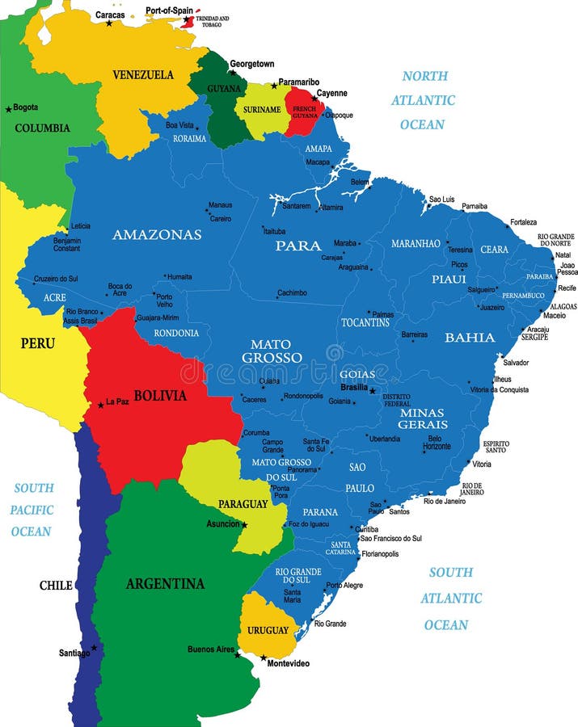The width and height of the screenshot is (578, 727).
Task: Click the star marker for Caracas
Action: (x=109, y=23)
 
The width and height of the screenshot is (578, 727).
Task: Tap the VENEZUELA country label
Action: (x=142, y=74)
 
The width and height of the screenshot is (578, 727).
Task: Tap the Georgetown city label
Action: (x=251, y=64)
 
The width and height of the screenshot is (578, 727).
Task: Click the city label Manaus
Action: (x=220, y=205)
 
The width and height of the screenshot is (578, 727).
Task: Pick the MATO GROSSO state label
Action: (x=271, y=351)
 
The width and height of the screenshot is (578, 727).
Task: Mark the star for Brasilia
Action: (x=372, y=391)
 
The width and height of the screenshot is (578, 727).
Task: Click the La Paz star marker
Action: (x=100, y=404)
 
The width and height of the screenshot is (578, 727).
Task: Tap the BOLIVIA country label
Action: (x=159, y=396)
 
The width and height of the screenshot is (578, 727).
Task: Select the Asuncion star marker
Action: (x=244, y=524)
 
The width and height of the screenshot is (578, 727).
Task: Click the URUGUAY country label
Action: (x=268, y=630)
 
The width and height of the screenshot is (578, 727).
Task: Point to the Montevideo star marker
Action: (x=263, y=658)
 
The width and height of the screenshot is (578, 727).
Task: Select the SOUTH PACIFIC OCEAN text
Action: (x=32, y=510)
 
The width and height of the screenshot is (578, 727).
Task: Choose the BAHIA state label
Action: (x=470, y=338)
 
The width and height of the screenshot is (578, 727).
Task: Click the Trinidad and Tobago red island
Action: (x=187, y=21)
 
